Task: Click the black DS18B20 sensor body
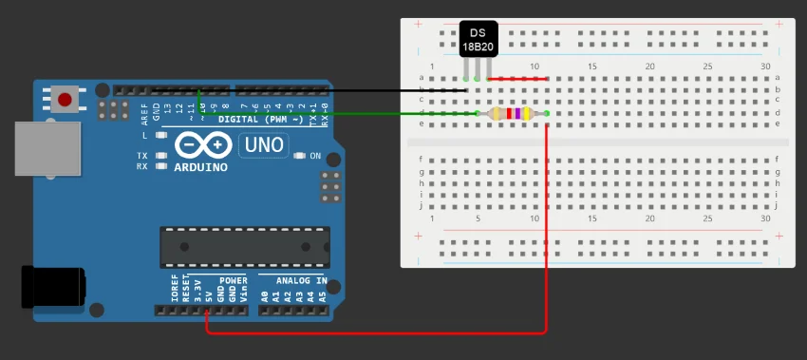click(478, 38)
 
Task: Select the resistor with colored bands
click(513, 114)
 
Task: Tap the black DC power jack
click(52, 286)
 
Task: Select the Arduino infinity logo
click(200, 145)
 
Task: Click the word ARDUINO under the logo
click(200, 167)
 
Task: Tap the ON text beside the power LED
click(315, 156)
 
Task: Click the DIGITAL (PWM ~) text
click(260, 120)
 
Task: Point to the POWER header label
click(233, 281)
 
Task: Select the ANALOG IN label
click(301, 281)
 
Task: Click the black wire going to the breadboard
click(332, 90)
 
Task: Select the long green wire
click(332, 114)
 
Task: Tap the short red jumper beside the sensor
click(517, 79)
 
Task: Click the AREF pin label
click(145, 114)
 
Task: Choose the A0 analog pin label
click(264, 295)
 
